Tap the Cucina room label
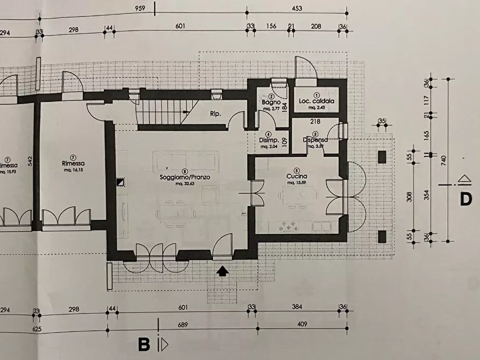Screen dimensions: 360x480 (x=296, y=176)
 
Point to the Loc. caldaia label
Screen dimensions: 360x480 (x=316, y=100)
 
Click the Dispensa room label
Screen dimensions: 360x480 (x=314, y=140)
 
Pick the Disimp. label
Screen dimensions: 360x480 (x=269, y=141)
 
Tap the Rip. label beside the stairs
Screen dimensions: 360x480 (x=216, y=113)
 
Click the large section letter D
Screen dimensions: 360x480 (x=465, y=199)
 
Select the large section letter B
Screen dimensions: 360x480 (x=144, y=344)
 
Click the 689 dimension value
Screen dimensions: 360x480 (x=180, y=325)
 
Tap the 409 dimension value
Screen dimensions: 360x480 (x=303, y=325)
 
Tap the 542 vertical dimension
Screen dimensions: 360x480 (x=32, y=161)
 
